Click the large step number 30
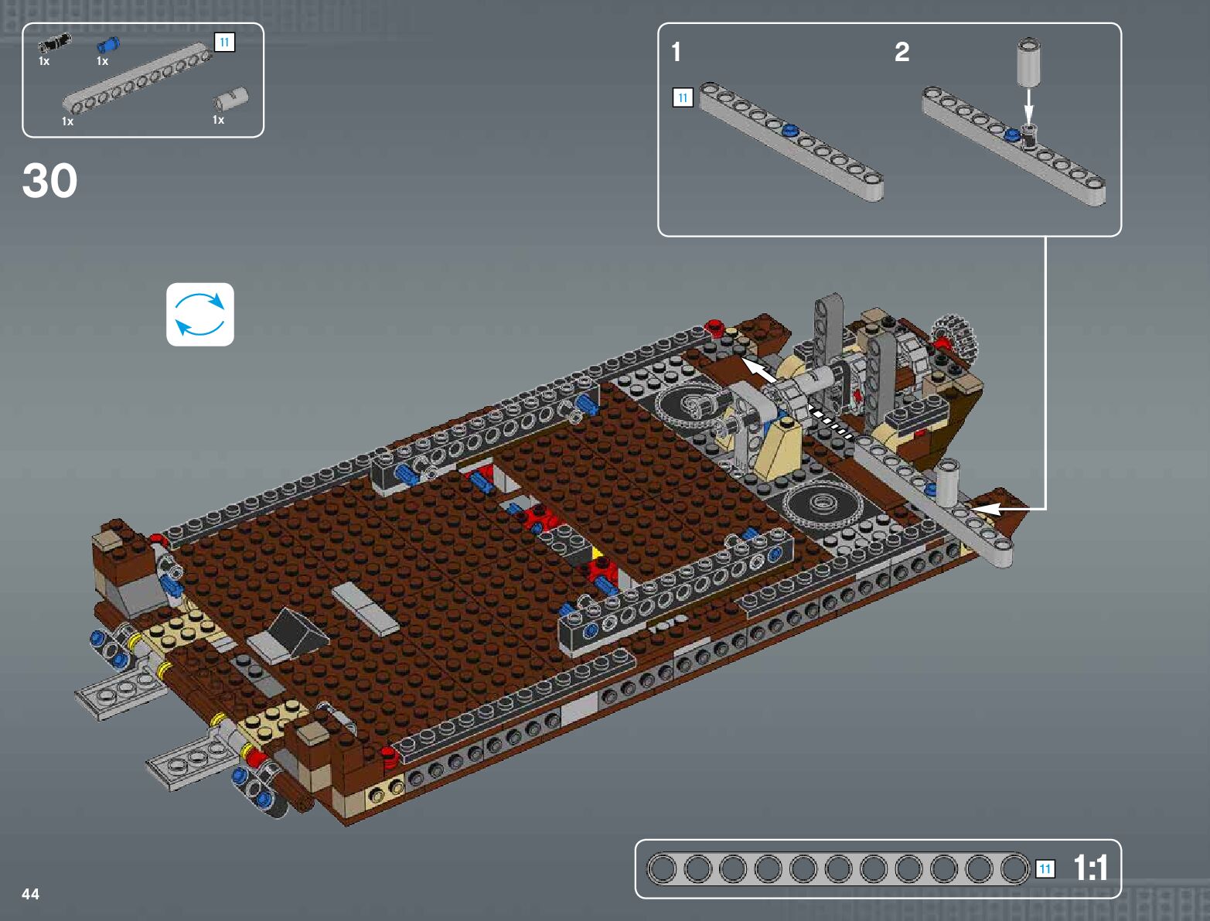coord(49,180)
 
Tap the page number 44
coord(30,894)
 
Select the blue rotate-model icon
coord(200,314)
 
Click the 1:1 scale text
coord(1091,868)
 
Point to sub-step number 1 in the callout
coord(677,52)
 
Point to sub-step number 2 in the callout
coord(902,52)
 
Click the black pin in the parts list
coord(54,43)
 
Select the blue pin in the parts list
coord(108,45)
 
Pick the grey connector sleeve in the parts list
coord(231,100)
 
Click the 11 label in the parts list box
coord(224,43)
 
